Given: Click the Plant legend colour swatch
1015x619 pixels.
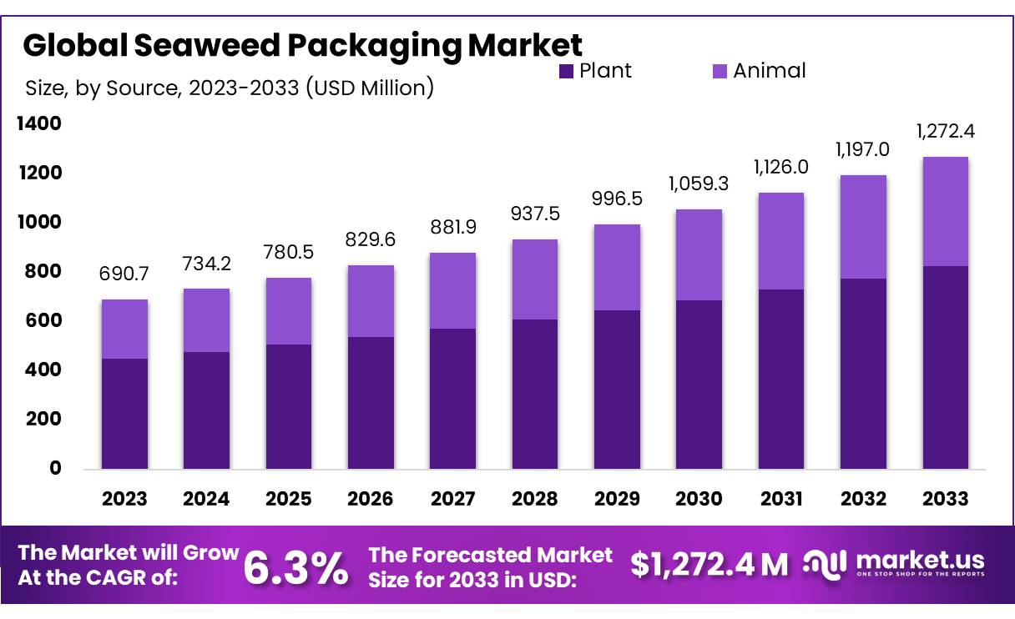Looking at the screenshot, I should click(x=567, y=72).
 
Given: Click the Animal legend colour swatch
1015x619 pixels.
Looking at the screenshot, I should click(x=720, y=72).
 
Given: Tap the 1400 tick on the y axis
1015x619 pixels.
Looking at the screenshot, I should click(x=39, y=123).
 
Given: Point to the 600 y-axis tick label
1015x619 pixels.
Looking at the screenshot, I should click(x=43, y=320).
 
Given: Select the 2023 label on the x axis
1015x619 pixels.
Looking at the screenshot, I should click(x=124, y=499).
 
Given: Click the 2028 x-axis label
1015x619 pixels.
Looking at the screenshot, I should click(x=535, y=499).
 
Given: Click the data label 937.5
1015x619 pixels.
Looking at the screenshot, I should click(x=535, y=214).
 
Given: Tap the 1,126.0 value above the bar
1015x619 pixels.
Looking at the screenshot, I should click(x=781, y=167).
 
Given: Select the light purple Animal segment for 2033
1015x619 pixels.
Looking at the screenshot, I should click(x=946, y=211).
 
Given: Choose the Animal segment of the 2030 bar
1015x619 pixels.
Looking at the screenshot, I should click(x=699, y=254).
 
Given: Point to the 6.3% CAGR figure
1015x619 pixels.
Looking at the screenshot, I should click(x=295, y=567).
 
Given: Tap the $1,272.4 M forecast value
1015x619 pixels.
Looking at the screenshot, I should click(x=709, y=565).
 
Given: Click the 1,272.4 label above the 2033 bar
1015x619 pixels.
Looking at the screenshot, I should click(x=946, y=132).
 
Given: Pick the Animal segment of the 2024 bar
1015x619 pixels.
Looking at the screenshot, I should click(x=206, y=320).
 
